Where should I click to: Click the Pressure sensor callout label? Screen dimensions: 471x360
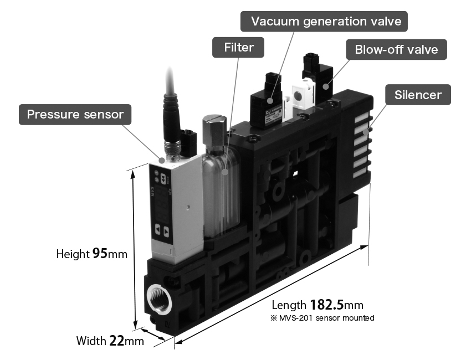[75, 115]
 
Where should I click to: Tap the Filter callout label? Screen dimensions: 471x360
[238, 48]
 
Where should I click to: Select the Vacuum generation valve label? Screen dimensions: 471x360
[324, 21]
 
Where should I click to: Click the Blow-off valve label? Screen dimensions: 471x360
[396, 49]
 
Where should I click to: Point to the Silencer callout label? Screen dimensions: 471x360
[418, 95]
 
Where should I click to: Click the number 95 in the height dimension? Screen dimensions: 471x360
[100, 253]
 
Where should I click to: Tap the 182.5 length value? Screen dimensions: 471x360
[326, 305]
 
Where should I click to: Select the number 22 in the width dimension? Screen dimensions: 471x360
[116, 341]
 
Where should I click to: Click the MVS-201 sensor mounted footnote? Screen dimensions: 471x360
[322, 318]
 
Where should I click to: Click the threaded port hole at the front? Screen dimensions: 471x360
[159, 299]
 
